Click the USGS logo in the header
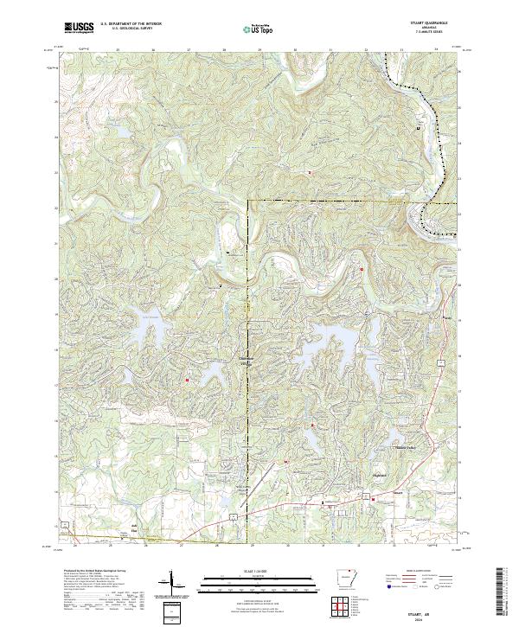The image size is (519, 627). click(78, 29)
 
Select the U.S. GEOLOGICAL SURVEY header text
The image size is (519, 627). click(130, 29)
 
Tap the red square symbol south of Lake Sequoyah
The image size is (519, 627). click(186, 379)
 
